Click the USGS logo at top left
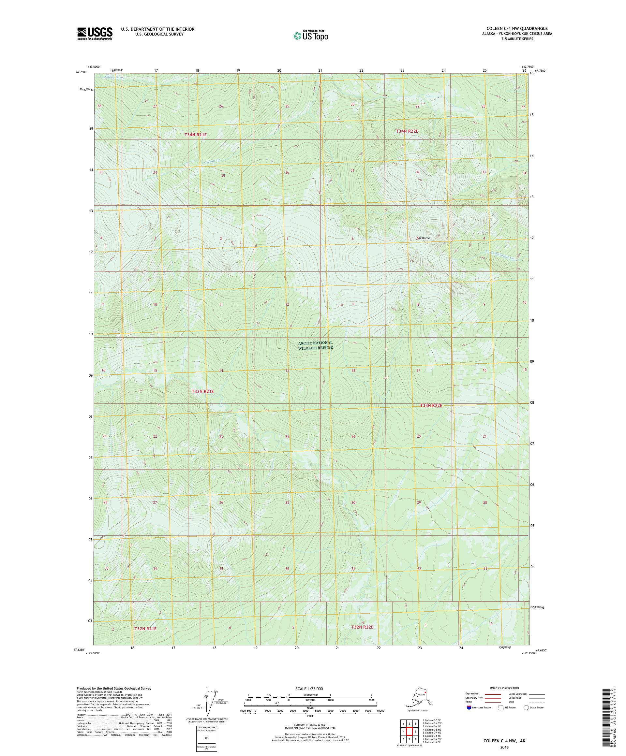point(94,34)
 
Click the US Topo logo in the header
point(310,35)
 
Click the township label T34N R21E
point(196,135)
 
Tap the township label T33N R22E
point(431,406)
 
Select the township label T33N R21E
point(203,391)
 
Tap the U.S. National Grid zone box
point(207,738)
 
